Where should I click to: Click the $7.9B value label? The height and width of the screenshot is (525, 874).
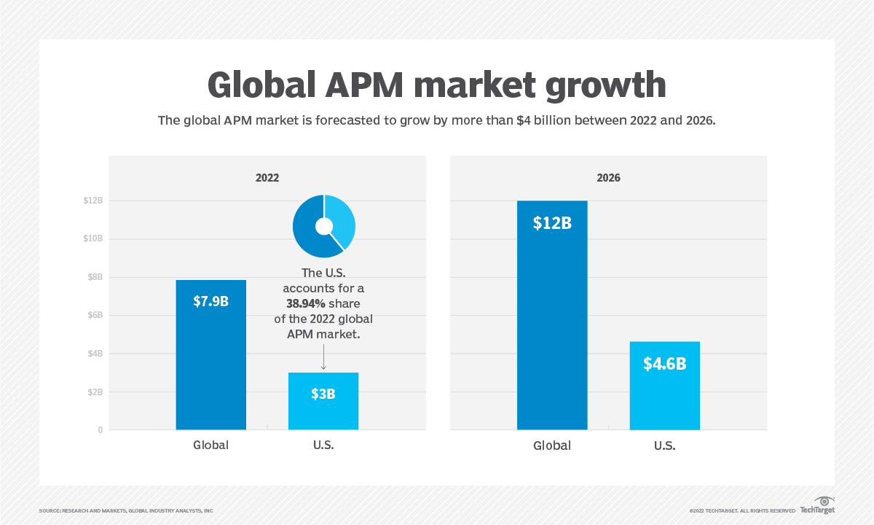point(210,300)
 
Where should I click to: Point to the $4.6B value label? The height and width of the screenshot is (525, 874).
point(664,364)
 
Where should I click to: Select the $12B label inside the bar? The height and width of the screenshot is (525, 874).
point(552,223)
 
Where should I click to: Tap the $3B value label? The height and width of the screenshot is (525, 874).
point(323,394)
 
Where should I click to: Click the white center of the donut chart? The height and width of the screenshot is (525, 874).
point(324,227)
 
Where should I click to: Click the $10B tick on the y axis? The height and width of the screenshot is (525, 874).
point(92,239)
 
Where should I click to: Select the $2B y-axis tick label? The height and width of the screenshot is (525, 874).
point(95,392)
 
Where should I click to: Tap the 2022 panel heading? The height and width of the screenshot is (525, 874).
point(267,177)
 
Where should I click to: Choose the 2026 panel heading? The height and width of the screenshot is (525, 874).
point(608,177)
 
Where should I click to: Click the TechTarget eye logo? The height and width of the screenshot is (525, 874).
point(824,502)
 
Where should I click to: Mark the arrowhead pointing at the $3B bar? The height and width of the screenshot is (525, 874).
point(323,367)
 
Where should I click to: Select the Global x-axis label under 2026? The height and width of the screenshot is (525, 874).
point(552,446)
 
